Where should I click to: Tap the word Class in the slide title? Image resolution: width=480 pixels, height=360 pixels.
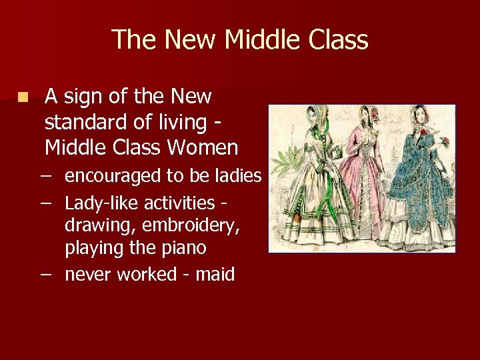[x=339, y=40]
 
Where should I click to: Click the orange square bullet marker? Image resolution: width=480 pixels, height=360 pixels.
[x=24, y=97]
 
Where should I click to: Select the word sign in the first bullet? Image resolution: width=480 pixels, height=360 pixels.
[x=83, y=97]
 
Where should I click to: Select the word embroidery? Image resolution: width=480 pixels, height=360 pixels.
[x=184, y=225]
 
